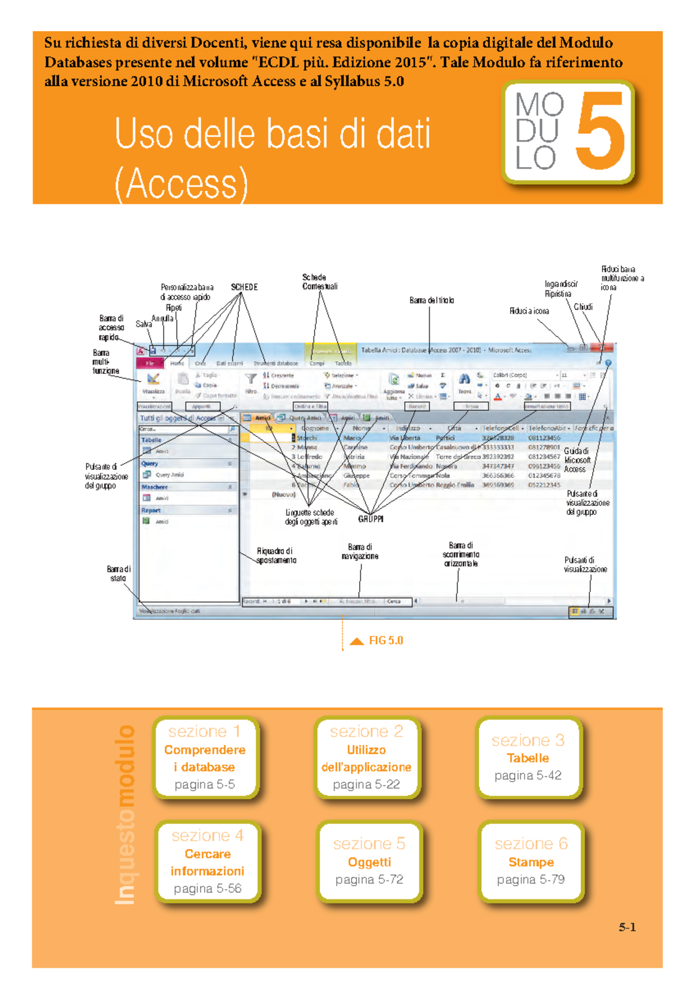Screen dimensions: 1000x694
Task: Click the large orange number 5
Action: pyautogui.click(x=601, y=132)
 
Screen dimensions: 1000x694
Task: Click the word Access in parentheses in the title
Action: pyautogui.click(x=182, y=184)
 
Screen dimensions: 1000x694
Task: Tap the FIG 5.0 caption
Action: pyautogui.click(x=386, y=640)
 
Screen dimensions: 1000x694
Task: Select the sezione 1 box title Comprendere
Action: pyautogui.click(x=205, y=750)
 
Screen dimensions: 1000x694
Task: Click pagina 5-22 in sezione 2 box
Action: pyautogui.click(x=366, y=784)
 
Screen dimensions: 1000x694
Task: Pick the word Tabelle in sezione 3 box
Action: pyautogui.click(x=527, y=758)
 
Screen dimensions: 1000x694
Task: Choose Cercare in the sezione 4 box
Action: pyautogui.click(x=208, y=854)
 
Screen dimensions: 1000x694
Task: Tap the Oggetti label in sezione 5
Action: pyautogui.click(x=369, y=862)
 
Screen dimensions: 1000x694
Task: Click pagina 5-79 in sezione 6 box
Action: pyautogui.click(x=530, y=879)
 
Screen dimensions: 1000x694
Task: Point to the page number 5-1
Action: pyautogui.click(x=627, y=927)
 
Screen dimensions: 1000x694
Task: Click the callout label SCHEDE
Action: pyautogui.click(x=244, y=287)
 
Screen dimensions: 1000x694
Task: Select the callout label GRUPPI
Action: pyautogui.click(x=371, y=519)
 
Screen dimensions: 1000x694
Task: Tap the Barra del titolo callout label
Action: pyautogui.click(x=431, y=301)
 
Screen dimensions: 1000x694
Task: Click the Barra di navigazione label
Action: pyautogui.click(x=360, y=551)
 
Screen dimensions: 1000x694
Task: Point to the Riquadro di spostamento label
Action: pyautogui.click(x=276, y=555)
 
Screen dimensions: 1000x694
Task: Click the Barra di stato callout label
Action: pyautogui.click(x=119, y=573)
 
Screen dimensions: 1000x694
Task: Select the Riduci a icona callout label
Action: pyautogui.click(x=529, y=311)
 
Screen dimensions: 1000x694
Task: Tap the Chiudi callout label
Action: pyautogui.click(x=583, y=307)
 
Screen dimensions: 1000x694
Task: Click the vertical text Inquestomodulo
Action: pyautogui.click(x=125, y=815)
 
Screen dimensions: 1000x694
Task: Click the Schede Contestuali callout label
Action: pyautogui.click(x=319, y=282)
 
